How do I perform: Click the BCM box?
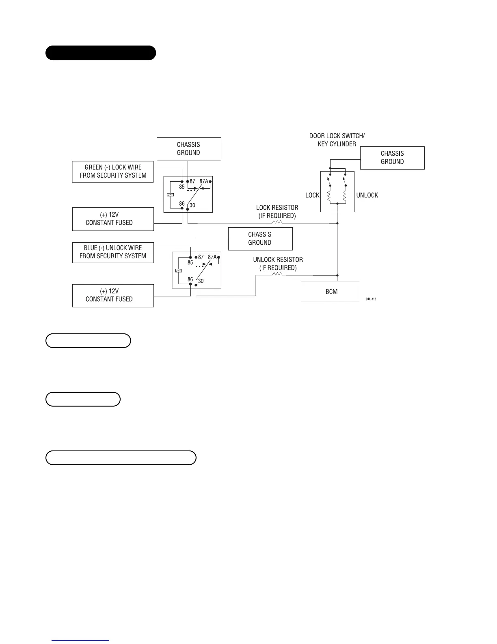331,292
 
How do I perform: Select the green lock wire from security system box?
113,172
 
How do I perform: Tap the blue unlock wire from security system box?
113,252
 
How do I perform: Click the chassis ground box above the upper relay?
189,149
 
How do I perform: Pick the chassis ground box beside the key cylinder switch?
392,158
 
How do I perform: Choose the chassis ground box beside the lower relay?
260,239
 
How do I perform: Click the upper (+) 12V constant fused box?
113,219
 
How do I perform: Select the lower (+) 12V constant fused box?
113,296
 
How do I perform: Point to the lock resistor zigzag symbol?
277,222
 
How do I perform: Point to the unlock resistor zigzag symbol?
278,274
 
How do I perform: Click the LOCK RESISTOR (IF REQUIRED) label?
277,212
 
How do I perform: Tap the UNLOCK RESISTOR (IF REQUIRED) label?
278,263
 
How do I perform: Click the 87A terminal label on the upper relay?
204,181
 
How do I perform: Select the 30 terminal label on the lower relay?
201,281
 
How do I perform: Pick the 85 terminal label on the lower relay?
190,263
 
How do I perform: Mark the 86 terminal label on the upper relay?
182,204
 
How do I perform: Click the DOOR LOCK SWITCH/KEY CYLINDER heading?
337,140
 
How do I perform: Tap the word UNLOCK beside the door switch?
367,195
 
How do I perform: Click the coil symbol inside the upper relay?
170,195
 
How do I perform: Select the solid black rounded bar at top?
101,53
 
